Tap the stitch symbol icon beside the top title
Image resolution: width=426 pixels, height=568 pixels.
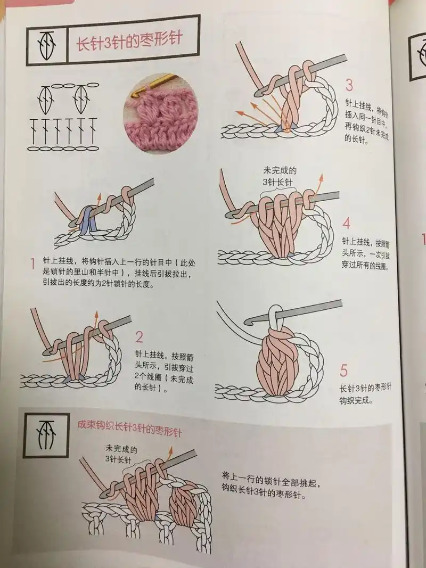46,43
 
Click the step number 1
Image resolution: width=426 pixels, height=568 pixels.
32,263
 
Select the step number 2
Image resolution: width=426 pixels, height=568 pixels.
140,336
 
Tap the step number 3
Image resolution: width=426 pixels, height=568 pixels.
349,85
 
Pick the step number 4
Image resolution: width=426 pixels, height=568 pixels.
347,223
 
